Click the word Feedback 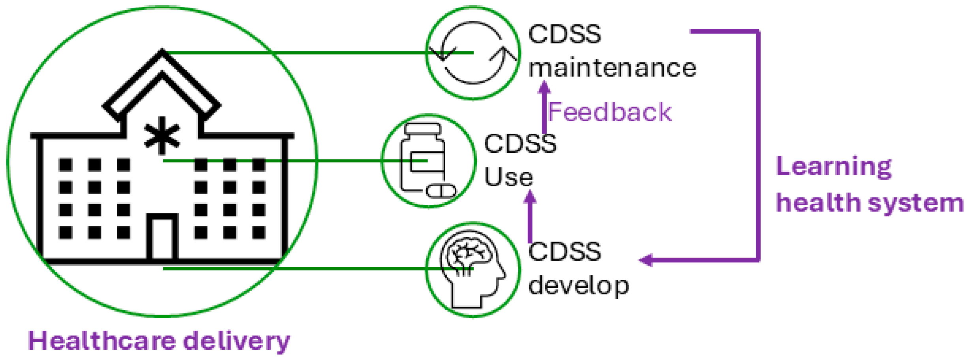point(609,112)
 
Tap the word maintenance point(612,68)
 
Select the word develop point(579,286)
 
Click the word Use point(508,177)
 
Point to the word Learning point(834,167)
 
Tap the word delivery point(237,341)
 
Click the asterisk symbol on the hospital point(162,135)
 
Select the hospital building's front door point(162,238)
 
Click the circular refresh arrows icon point(473,52)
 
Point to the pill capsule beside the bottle point(441,191)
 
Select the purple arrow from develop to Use point(530,217)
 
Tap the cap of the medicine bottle point(423,129)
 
